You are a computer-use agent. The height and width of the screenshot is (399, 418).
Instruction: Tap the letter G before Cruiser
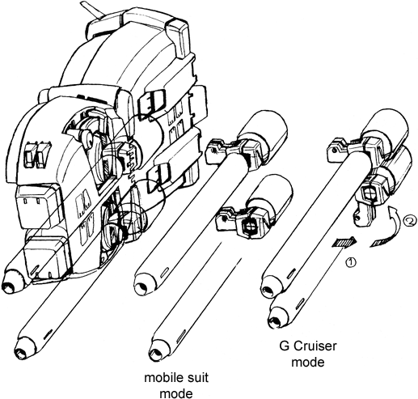click(x=284, y=346)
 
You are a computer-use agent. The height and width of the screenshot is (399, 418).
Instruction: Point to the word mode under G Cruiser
click(x=308, y=362)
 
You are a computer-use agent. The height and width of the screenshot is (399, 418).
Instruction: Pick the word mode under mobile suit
click(x=177, y=393)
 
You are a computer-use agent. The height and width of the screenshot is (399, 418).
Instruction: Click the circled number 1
click(x=351, y=262)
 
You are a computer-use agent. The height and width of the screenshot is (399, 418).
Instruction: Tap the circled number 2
click(x=409, y=222)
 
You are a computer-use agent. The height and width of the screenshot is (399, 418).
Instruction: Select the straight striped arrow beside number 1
click(x=344, y=242)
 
